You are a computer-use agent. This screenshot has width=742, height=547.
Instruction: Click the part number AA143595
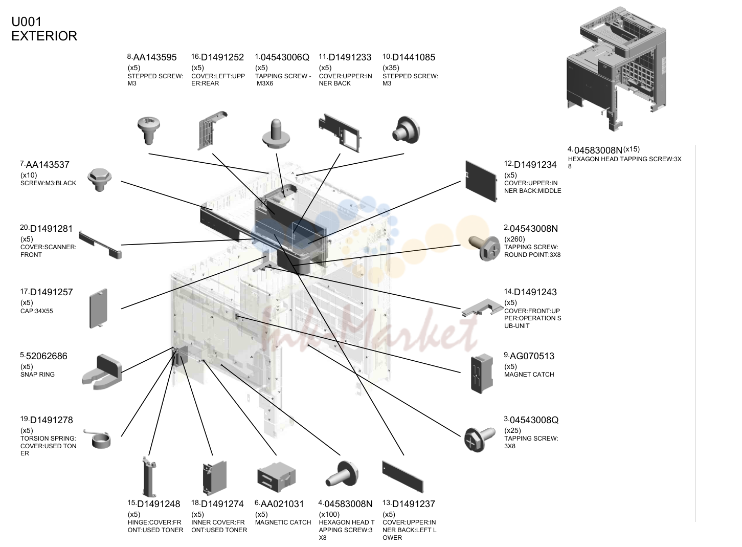point(155,57)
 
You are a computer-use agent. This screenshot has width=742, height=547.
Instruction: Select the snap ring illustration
point(102,372)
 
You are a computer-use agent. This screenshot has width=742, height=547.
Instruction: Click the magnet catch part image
point(482,374)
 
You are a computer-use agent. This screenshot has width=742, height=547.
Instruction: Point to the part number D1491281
point(51,229)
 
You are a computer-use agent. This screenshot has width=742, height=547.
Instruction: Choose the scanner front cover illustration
point(100,245)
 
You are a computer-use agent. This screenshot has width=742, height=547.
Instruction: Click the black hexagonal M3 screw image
point(99,180)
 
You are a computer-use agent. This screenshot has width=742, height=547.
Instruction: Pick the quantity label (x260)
point(514,239)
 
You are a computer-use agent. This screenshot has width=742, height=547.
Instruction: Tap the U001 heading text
point(27,22)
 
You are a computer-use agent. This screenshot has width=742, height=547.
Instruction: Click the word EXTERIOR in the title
point(44,36)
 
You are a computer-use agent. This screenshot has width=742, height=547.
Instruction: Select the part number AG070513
point(532,356)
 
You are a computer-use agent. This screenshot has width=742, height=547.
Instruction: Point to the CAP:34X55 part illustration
point(99,309)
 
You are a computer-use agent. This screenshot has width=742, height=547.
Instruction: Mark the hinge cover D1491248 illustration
point(149,477)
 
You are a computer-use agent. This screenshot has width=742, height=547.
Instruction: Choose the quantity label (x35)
point(391,68)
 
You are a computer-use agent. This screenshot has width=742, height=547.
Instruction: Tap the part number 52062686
point(47,356)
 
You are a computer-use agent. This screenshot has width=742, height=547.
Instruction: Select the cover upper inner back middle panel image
point(481,181)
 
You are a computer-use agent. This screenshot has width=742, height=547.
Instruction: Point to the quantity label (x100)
point(329,515)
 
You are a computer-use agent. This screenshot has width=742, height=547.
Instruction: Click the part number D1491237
point(413,504)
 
